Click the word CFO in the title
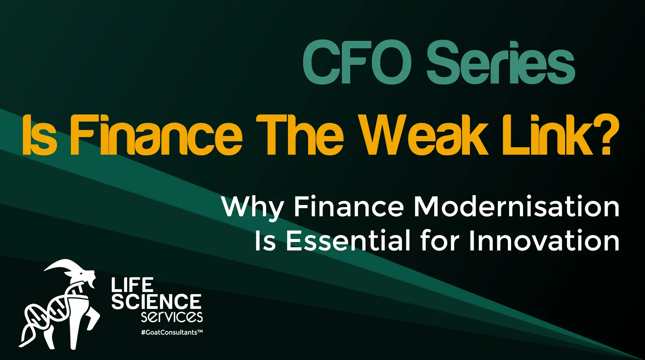point(357,62)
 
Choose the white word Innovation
point(544,241)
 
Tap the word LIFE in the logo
point(132,285)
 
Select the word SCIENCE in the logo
point(156,302)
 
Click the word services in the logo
point(172,316)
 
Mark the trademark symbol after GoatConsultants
point(200,331)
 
